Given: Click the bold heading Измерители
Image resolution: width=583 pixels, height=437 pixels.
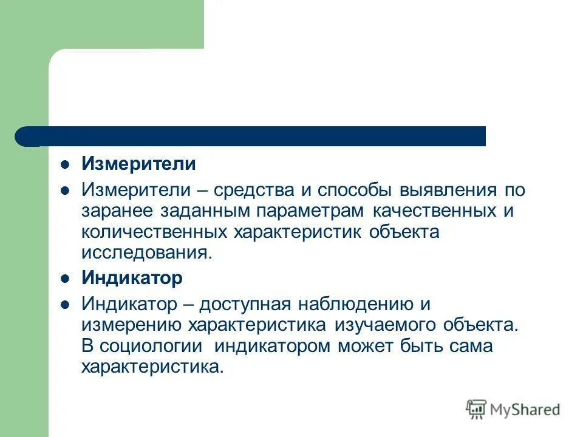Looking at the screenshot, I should click(138, 164).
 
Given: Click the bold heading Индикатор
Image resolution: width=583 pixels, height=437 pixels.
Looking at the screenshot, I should click(132, 279).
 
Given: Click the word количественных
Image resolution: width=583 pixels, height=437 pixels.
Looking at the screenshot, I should click(155, 232).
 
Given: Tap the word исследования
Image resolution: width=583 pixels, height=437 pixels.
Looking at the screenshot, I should click(147, 253).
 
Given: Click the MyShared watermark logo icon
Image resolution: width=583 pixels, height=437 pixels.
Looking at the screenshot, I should click(477, 409).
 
